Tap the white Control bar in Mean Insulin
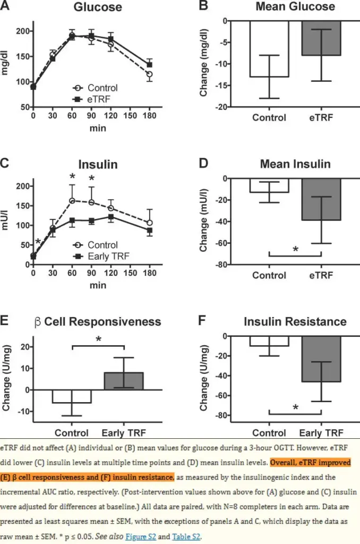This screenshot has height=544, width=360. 269,185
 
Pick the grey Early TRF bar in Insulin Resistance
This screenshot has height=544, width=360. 321,359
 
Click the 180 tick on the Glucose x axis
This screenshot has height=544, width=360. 149,115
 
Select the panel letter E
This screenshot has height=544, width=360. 5,321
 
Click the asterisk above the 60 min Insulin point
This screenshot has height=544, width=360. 72,177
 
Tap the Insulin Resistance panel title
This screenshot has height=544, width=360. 295,321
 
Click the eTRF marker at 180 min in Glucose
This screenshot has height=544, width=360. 149,65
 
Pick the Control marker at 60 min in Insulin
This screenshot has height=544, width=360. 72,201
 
